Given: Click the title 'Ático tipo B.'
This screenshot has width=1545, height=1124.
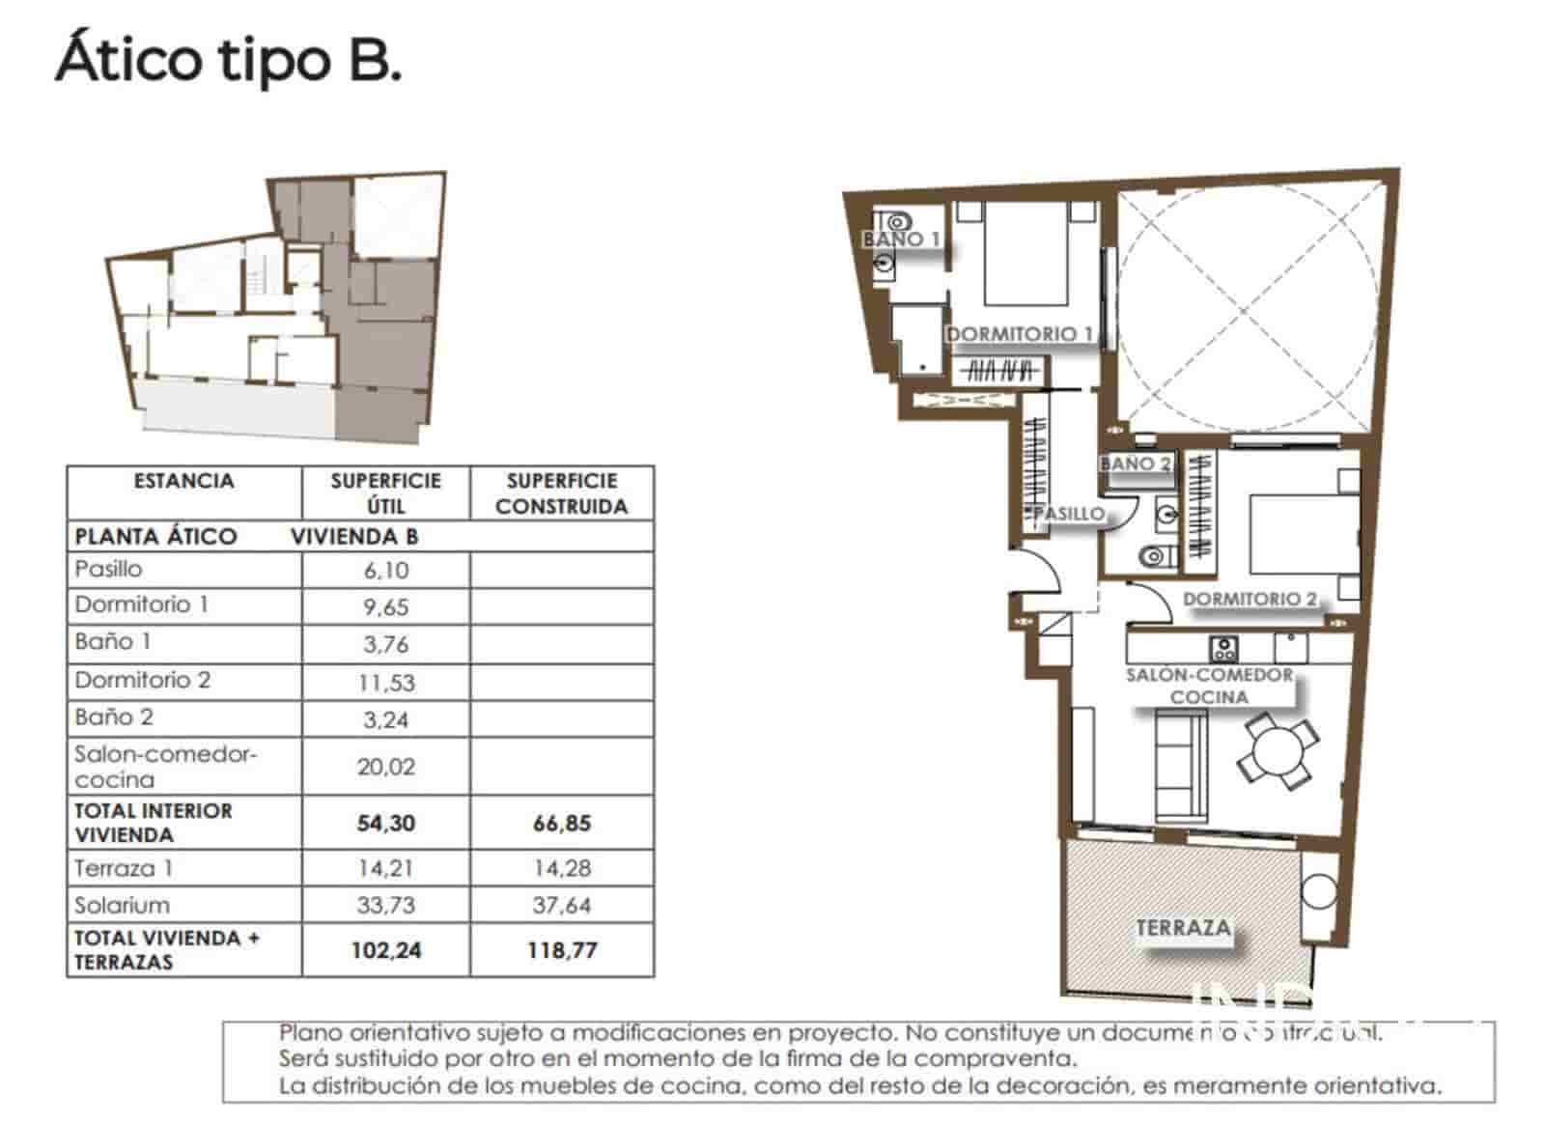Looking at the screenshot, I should click(229, 61).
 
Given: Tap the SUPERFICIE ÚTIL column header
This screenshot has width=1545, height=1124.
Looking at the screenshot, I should click(385, 493).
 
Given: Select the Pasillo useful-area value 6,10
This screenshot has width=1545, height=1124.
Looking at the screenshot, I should click(385, 570).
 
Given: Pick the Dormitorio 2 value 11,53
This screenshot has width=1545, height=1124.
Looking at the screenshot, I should click(385, 683).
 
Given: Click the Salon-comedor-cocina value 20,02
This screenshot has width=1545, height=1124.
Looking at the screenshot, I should click(385, 767).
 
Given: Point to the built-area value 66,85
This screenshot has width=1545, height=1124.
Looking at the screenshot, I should click(561, 824).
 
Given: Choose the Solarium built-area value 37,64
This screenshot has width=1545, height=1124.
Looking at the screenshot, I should click(561, 906).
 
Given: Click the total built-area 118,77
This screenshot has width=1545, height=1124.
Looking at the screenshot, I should click(561, 950).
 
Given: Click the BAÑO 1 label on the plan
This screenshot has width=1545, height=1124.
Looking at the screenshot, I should click(901, 239).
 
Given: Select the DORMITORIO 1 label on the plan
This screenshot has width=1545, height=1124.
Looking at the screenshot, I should click(1019, 334).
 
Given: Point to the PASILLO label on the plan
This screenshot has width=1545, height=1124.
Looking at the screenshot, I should click(1069, 514).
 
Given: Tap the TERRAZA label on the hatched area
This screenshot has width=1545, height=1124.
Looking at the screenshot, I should click(1183, 928).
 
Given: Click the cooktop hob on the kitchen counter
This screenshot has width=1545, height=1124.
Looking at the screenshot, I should click(1224, 646).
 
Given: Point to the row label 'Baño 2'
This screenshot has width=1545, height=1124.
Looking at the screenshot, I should click(114, 717).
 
